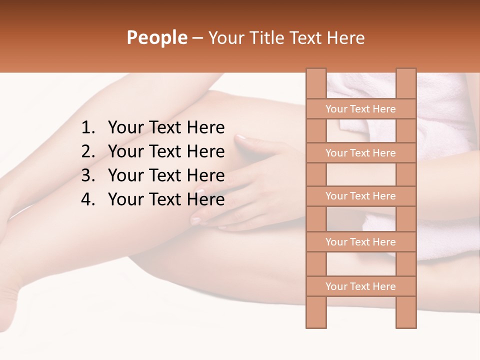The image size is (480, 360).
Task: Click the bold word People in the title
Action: pyautogui.click(x=156, y=37)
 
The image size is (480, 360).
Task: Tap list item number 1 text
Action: pyautogui.click(x=166, y=127)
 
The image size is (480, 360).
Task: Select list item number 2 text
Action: pyautogui.click(x=166, y=151)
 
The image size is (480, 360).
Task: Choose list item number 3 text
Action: pyautogui.click(x=166, y=175)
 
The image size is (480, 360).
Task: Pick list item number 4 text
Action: pyautogui.click(x=166, y=199)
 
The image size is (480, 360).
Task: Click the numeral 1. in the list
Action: pyautogui.click(x=88, y=127)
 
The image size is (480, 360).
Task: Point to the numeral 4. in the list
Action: pyautogui.click(x=88, y=199)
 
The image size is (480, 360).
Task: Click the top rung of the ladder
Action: pyautogui.click(x=360, y=109)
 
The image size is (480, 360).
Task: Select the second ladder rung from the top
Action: pyautogui.click(x=360, y=153)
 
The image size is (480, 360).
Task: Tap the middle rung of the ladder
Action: pyautogui.click(x=360, y=196)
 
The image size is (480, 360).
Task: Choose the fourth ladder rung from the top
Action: pyautogui.click(x=360, y=242)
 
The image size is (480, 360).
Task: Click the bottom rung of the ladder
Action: pyautogui.click(x=360, y=286)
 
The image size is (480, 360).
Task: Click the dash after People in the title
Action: pyautogui.click(x=197, y=38)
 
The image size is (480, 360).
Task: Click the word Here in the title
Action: pyautogui.click(x=345, y=37)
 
